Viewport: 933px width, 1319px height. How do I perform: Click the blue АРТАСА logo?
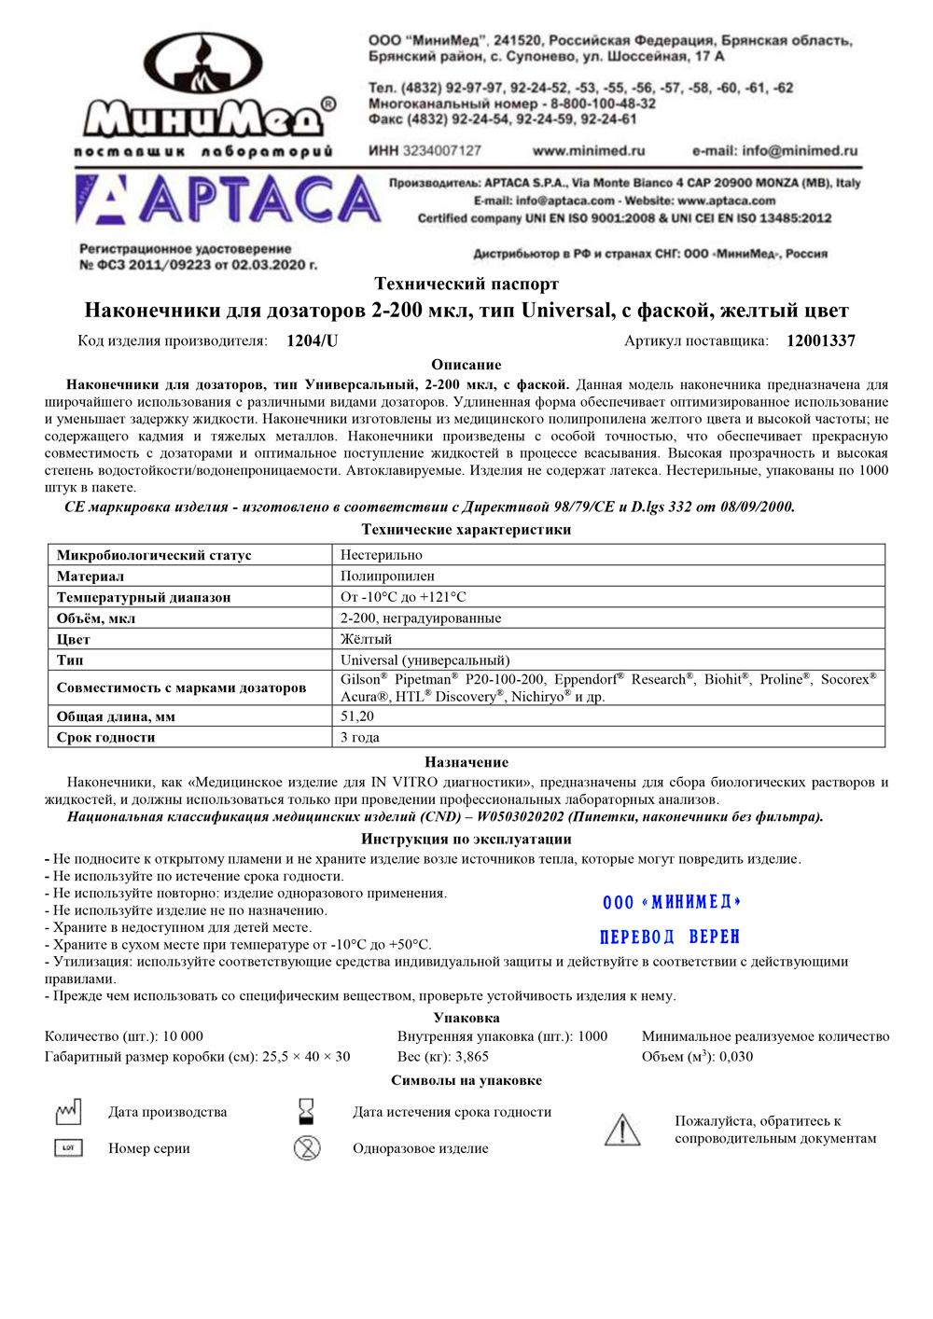229,201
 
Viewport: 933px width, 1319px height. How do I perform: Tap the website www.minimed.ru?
589,150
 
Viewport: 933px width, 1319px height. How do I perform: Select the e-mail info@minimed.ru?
774,150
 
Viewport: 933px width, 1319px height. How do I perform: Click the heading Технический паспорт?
466,284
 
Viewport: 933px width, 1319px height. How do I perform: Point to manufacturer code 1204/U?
313,340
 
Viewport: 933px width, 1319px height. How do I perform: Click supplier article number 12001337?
821,340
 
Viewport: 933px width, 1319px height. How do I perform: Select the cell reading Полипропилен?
387,576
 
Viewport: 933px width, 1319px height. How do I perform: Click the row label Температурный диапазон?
144,597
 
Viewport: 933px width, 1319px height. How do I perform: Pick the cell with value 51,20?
357,716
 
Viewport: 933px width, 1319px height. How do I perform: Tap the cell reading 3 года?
360,737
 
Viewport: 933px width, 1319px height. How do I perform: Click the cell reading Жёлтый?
366,639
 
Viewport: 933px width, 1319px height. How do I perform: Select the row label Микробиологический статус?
154,555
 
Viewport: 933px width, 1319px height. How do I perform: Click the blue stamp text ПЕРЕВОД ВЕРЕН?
670,937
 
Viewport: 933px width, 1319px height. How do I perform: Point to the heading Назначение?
466,762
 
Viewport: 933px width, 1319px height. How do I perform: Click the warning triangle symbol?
622,1130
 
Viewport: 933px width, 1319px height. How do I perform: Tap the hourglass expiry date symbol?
306,1111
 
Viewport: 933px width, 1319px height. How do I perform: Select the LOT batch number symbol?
68,1148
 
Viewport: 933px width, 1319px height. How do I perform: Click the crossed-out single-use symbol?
307,1148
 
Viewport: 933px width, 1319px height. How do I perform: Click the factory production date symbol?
68,1111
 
